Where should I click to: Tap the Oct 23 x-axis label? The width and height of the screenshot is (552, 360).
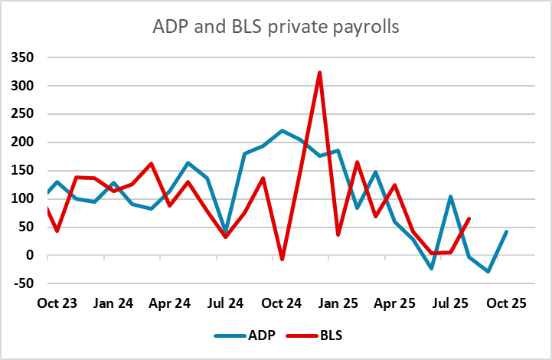pos(57,303)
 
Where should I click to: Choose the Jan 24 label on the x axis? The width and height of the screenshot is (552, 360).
pos(113,303)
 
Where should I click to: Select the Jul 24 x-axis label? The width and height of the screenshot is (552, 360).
pos(225,303)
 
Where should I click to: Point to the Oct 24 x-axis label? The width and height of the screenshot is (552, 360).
pos(282,303)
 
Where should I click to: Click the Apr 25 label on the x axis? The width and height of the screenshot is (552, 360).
pos(394,303)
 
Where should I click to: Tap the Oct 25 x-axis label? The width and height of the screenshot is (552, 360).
pos(506,303)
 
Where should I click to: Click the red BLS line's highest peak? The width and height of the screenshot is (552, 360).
pos(319,73)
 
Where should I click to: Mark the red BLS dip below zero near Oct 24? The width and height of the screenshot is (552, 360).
pos(282,260)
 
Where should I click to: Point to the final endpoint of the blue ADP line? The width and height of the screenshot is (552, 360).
pos(506,231)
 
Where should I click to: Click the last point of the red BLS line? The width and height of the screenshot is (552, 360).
pos(469,219)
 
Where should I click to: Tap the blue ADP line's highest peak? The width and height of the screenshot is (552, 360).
pos(282,131)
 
